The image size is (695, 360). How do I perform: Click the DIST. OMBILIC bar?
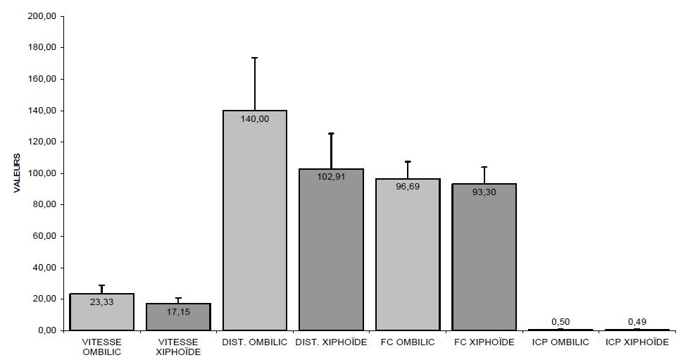tap(255, 225)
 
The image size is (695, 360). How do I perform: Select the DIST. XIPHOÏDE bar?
tap(331, 254)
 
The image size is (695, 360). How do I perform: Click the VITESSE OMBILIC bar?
tap(102, 317)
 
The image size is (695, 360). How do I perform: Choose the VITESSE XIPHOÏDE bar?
tap(178, 321)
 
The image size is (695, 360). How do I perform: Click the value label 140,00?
tap(255, 120)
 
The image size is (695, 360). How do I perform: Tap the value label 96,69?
tap(408, 187)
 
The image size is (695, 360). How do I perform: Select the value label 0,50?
tap(561, 322)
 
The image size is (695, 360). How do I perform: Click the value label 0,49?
tap(637, 322)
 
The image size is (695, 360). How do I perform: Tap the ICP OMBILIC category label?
tap(561, 342)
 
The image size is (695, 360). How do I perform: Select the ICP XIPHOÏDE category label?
tap(637, 342)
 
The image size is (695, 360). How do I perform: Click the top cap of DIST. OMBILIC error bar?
tap(255, 58)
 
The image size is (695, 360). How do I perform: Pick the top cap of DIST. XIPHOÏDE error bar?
tap(331, 133)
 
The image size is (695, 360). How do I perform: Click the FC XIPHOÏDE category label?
tap(484, 342)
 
